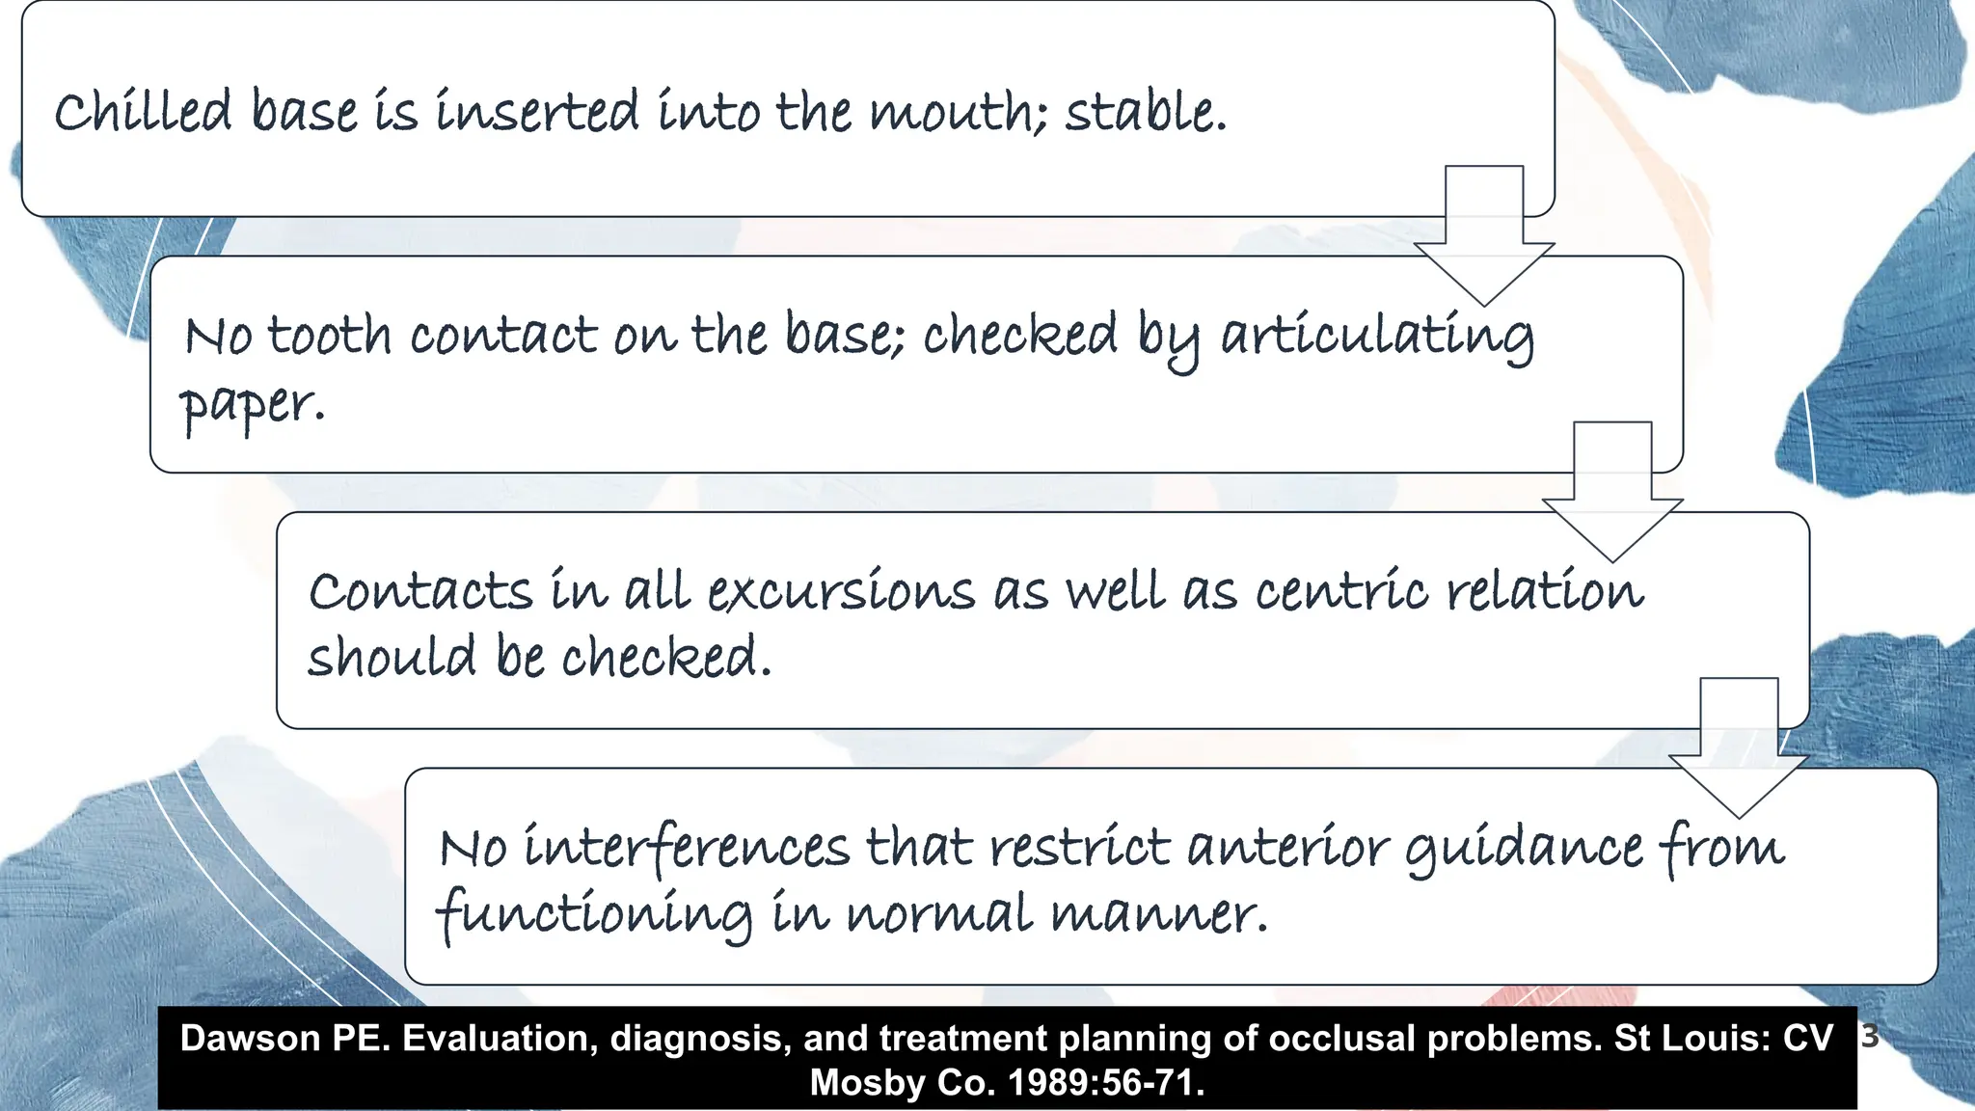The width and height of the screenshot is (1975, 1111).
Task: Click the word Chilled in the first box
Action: pos(143,111)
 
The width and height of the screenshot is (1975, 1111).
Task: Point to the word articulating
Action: pos(1377,338)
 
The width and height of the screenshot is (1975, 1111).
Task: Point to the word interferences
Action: pos(687,849)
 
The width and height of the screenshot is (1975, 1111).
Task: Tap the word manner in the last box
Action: pos(1157,914)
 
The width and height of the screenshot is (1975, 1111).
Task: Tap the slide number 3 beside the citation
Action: pos(1869,1037)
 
